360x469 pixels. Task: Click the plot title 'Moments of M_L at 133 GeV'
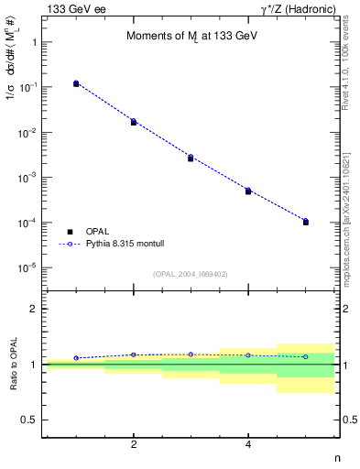click(x=185, y=37)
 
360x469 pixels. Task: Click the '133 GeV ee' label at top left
click(x=72, y=8)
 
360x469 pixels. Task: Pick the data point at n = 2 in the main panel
click(x=134, y=122)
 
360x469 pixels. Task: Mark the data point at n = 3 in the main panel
click(x=191, y=158)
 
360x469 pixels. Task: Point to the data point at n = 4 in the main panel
click(x=248, y=191)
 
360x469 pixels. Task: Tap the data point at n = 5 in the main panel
click(x=305, y=222)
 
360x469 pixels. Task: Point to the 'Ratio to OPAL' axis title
click(x=14, y=365)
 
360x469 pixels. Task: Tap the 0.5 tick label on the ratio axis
click(x=31, y=420)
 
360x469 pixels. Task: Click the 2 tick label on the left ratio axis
click(x=35, y=310)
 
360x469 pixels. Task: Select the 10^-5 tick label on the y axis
click(x=28, y=268)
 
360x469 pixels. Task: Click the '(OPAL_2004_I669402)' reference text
click(x=191, y=274)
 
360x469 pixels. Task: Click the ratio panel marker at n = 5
click(x=305, y=356)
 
